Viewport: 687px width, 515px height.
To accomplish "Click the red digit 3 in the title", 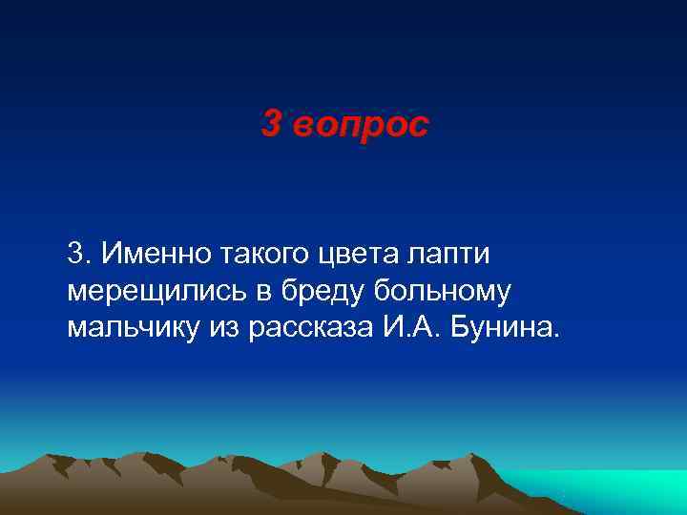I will point(271,125).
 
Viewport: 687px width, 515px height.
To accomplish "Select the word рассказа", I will point(315,328).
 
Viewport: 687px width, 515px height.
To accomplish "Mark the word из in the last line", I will point(227,328).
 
